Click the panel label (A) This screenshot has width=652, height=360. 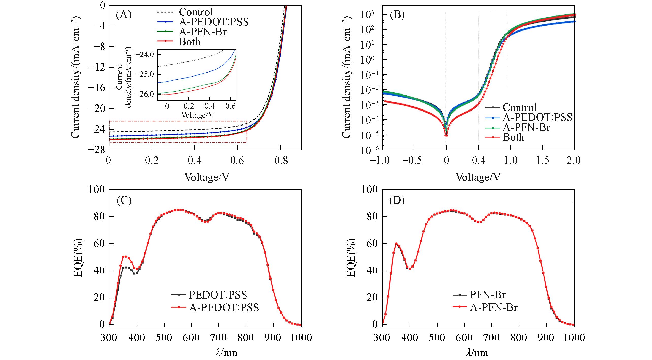pos(124,15)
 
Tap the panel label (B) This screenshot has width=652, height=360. pos(397,15)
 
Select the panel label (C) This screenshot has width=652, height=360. pos(124,201)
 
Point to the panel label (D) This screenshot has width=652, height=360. pos(397,201)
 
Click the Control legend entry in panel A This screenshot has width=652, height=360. pos(196,12)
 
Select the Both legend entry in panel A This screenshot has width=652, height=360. pos(189,42)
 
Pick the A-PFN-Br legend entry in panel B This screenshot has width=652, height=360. pos(526,127)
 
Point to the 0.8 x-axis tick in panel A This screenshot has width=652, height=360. pos(280,161)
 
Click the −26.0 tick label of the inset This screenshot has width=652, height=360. pos(147,94)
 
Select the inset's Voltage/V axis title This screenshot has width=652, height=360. pos(197,115)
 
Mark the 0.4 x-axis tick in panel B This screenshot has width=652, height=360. pos(478,161)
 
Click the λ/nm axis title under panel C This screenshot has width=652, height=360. pos(226,353)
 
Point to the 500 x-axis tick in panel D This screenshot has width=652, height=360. pos(437,338)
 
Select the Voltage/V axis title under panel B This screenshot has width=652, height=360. pos(478,177)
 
